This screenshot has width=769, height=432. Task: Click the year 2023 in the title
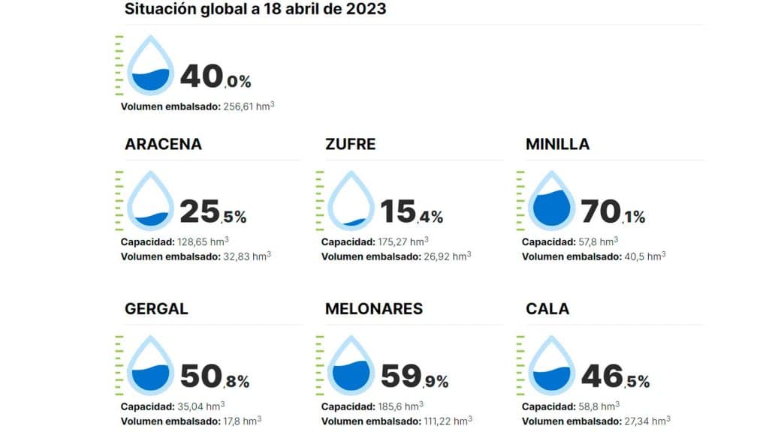click(366, 9)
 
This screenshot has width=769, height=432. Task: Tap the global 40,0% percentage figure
click(215, 77)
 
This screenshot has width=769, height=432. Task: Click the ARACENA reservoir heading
click(163, 144)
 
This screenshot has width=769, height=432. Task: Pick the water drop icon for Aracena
click(151, 200)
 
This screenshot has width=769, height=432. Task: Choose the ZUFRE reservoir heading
click(350, 144)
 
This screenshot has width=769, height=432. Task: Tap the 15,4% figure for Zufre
click(411, 213)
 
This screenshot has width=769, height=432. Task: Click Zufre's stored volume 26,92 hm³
click(447, 256)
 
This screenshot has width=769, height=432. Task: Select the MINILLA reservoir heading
click(557, 144)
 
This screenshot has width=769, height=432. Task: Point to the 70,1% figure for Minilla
click(613, 213)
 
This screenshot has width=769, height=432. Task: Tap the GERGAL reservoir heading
click(156, 309)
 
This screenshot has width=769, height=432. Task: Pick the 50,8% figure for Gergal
click(214, 377)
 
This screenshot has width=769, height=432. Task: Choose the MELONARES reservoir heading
click(373, 309)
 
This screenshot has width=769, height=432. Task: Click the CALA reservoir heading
click(547, 309)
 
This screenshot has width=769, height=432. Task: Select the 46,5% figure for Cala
click(615, 377)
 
